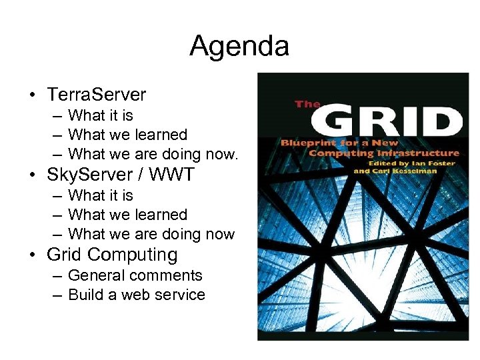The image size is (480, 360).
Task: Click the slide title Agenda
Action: tap(239, 47)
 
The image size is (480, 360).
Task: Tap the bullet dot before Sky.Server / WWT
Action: tap(33, 175)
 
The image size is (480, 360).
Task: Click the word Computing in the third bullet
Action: tap(132, 255)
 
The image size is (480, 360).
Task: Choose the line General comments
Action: tap(135, 275)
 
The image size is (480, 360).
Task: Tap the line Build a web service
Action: tap(137, 295)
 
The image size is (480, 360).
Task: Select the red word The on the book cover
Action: tap(307, 104)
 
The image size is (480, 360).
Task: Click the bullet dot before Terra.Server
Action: tap(33, 95)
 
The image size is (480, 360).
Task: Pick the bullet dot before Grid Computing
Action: tap(33, 255)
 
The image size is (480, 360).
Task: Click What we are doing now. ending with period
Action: tap(153, 154)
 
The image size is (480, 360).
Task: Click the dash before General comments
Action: tap(56, 275)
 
